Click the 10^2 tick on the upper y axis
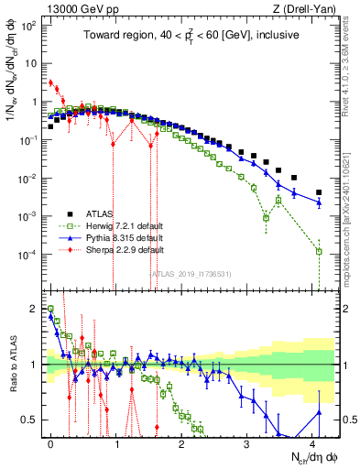point(28,26)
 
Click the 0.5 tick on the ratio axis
point(30,420)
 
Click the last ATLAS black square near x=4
point(319,192)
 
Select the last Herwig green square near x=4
point(319,251)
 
